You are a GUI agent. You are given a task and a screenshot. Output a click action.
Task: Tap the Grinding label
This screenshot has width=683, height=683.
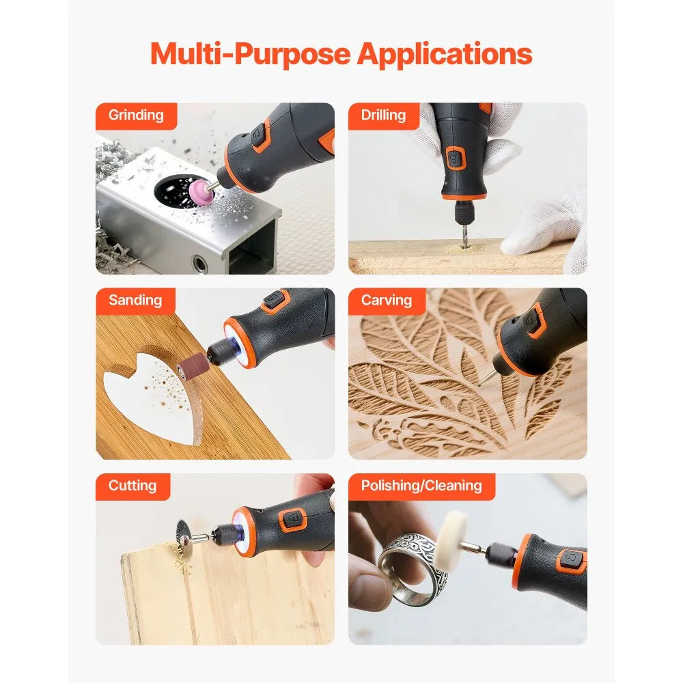coord(136,115)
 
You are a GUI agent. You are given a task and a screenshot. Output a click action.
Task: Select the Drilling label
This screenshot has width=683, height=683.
coord(383,115)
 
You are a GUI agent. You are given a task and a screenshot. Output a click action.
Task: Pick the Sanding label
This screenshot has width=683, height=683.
coord(135,301)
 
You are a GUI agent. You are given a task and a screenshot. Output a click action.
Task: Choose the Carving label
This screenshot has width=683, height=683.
coord(387,301)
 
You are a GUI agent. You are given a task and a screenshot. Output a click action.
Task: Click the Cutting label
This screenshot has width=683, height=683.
coord(133,486)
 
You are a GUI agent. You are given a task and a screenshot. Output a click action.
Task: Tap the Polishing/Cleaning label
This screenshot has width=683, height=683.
coord(421,486)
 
